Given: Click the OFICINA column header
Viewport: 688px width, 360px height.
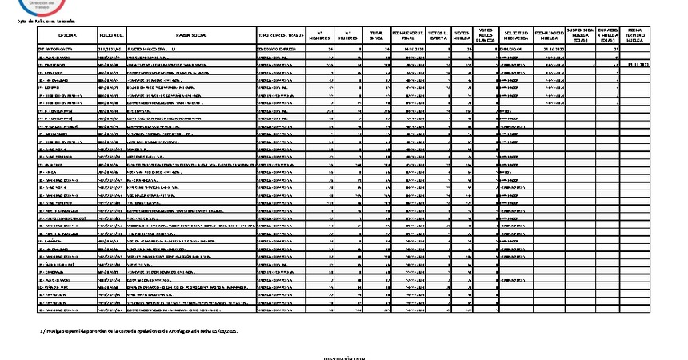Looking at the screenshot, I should (x=68, y=35).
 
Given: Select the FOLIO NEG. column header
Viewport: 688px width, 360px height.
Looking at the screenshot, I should (x=112, y=35).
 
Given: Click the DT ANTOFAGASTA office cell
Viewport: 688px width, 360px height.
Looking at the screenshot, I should (x=59, y=49).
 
